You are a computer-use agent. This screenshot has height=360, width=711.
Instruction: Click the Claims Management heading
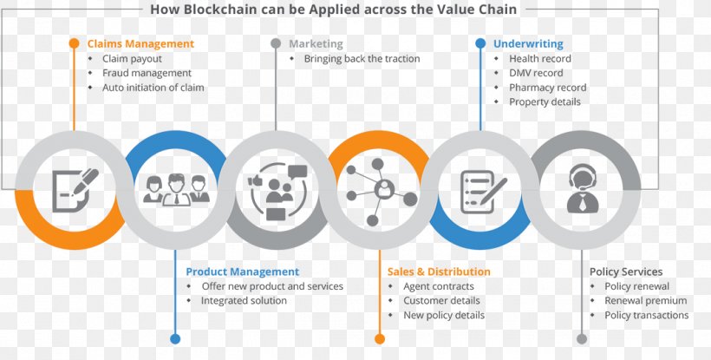(x=140, y=44)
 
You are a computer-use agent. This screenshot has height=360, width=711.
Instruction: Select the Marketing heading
(x=316, y=44)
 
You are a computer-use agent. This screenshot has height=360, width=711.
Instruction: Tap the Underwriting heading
(x=528, y=44)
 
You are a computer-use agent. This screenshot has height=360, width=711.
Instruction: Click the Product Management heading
(x=243, y=272)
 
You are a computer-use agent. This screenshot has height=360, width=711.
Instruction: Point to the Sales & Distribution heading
(x=439, y=272)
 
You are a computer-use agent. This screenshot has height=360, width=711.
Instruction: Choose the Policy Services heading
(x=626, y=272)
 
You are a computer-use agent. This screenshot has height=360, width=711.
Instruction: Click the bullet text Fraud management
(x=147, y=73)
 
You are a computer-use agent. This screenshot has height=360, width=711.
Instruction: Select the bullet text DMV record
(x=536, y=73)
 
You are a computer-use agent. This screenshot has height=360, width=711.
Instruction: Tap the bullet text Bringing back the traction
(x=362, y=58)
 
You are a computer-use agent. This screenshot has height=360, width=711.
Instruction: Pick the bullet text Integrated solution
(x=244, y=301)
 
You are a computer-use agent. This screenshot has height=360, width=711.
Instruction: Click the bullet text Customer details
(x=441, y=301)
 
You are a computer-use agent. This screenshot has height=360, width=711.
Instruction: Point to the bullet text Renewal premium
(x=646, y=301)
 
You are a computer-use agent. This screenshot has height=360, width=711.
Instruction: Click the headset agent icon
(x=583, y=188)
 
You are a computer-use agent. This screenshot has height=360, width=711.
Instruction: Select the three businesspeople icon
(x=176, y=190)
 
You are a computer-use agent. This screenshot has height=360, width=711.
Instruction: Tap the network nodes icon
(x=381, y=192)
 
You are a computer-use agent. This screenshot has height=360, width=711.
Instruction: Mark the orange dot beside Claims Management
(x=74, y=43)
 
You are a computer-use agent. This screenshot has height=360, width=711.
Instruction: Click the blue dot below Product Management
(x=175, y=338)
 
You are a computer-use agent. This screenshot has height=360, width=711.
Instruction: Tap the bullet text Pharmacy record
(x=548, y=88)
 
